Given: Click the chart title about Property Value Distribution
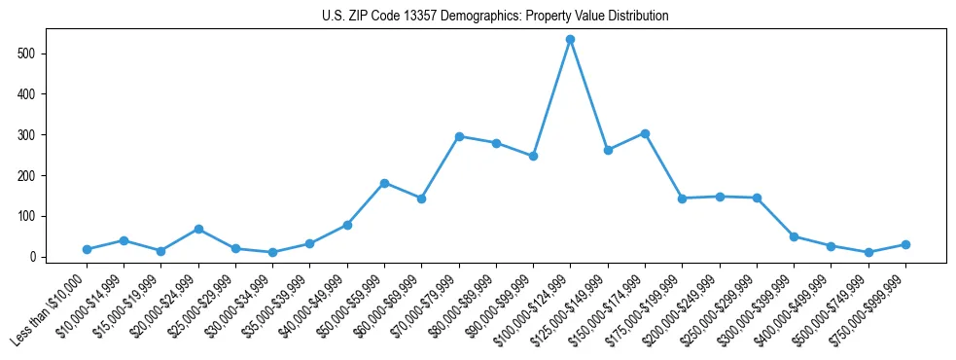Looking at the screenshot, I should [495, 17].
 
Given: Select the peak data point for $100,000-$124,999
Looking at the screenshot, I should [570, 39].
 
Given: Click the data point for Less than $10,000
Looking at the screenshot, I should [87, 249].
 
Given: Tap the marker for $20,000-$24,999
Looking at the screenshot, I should [198, 229].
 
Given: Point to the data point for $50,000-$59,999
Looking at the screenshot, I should [384, 183].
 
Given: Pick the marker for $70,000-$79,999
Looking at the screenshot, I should [459, 136].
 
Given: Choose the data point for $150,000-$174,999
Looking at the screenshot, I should [645, 133].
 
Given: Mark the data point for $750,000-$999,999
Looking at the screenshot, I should [905, 244].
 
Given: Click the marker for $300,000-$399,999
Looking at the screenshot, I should [794, 236].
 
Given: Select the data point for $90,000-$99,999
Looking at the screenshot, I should [533, 156].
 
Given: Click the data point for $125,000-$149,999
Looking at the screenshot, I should [608, 150].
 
